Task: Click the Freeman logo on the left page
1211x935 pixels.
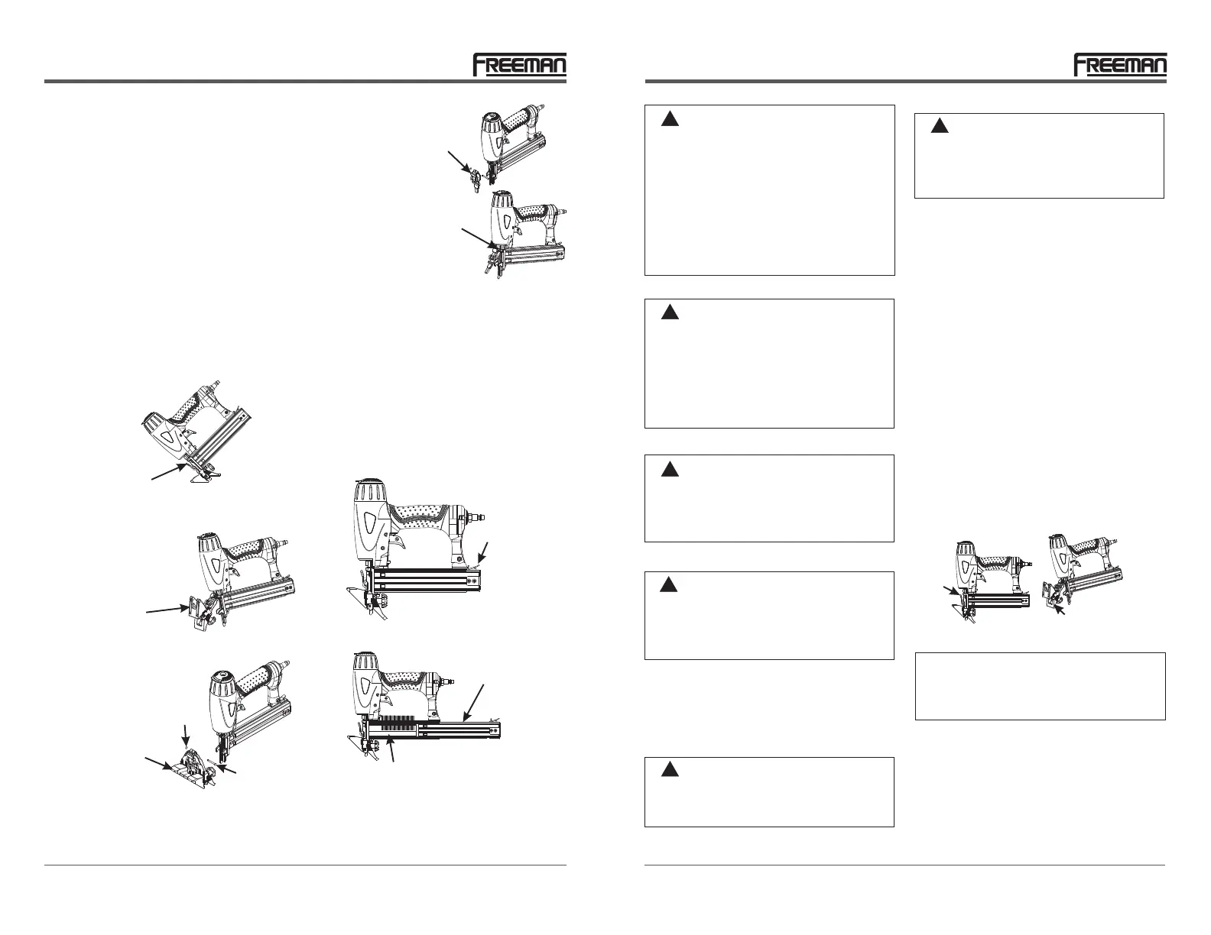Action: [x=519, y=65]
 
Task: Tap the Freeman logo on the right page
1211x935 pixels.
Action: [x=1120, y=65]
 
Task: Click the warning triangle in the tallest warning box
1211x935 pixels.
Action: [x=670, y=118]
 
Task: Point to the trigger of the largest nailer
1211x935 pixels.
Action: [x=398, y=544]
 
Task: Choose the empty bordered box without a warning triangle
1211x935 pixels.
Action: [x=1040, y=685]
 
